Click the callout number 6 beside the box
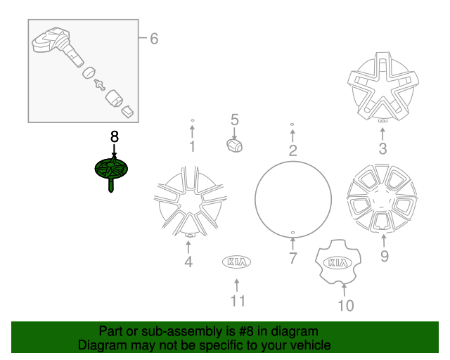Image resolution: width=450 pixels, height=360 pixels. [x=153, y=39]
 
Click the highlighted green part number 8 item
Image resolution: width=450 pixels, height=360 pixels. [x=112, y=170]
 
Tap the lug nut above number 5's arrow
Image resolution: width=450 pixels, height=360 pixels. [x=234, y=145]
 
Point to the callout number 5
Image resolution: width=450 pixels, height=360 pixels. [x=235, y=120]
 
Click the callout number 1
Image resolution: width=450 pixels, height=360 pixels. [x=191, y=147]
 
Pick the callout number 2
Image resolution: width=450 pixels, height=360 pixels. [x=292, y=150]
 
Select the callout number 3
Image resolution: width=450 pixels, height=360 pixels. [x=382, y=148]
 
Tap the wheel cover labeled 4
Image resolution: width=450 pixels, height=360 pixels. [x=188, y=201]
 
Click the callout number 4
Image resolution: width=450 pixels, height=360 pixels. [x=188, y=263]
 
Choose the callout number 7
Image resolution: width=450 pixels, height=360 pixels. [x=292, y=258]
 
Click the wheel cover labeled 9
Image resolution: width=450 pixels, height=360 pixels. [x=382, y=200]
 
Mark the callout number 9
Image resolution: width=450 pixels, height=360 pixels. [x=384, y=256]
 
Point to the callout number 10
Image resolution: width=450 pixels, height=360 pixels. [x=345, y=305]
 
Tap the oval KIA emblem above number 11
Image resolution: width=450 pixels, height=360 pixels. [x=237, y=262]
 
